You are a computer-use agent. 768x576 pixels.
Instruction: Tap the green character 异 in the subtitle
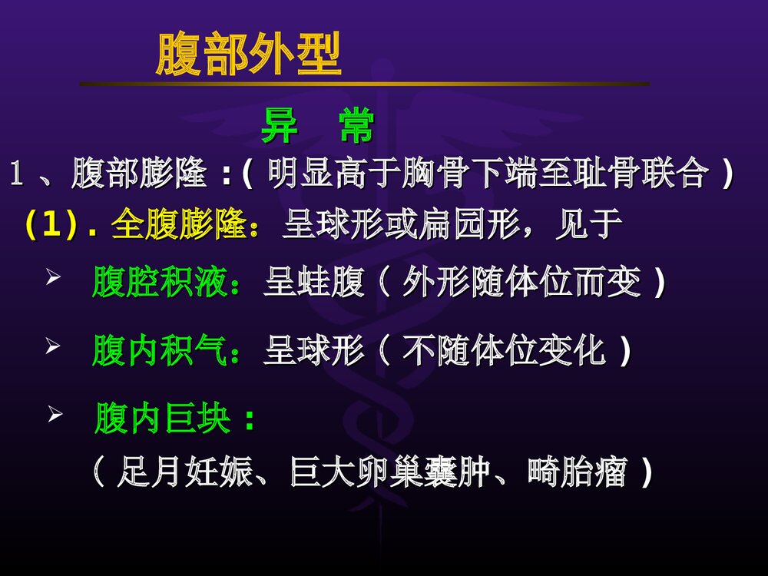pyautogui.click(x=279, y=127)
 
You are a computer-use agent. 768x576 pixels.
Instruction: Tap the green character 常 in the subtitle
pyautogui.click(x=356, y=127)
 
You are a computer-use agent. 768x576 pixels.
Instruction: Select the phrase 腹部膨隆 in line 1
pyautogui.click(x=139, y=175)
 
